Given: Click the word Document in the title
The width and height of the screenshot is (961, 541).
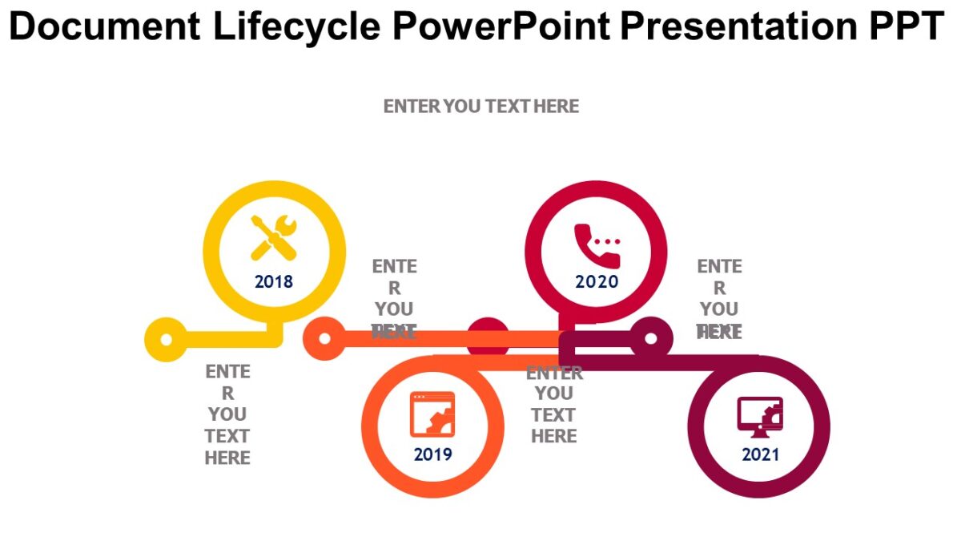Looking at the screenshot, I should click(104, 27).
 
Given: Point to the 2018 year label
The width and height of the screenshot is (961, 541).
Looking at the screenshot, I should click(274, 282).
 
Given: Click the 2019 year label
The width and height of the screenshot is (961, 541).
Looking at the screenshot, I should click(433, 455).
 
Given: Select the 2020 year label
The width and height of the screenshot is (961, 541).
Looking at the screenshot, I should click(597, 282).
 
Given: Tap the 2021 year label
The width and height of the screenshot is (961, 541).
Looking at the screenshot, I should click(760, 455).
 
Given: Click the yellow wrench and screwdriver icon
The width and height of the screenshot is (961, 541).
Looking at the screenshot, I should click(274, 237).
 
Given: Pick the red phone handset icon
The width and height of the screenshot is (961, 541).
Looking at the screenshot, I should click(597, 244).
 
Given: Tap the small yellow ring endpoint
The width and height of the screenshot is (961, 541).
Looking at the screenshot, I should click(166, 339).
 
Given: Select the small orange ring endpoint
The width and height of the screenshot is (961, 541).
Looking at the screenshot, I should click(324, 339).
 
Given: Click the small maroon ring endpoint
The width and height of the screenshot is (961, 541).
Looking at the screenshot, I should click(651, 338).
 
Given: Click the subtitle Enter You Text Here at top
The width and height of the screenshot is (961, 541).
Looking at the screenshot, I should click(480, 107).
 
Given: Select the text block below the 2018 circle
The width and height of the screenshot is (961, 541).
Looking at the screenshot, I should click(228, 415).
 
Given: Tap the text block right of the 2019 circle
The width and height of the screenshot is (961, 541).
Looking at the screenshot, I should click(553, 405).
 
